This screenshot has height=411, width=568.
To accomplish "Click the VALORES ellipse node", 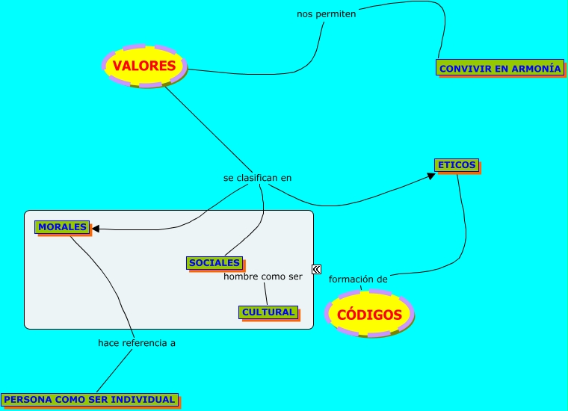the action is point(144,66).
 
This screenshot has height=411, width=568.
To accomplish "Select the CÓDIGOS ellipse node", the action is point(369,315).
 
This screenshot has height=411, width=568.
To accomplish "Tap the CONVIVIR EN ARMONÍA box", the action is point(499,68).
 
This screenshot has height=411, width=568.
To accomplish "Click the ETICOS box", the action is point(456,165).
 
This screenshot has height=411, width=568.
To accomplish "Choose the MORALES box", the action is point(62,226).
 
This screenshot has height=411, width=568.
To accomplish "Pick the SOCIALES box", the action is point(214,263).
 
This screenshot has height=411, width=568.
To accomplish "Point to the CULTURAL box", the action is point(268,312).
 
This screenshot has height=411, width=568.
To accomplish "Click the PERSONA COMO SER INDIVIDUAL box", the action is point(90,400).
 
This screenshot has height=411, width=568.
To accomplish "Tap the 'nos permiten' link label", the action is point(327,13).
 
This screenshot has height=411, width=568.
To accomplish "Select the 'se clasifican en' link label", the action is point(257,178).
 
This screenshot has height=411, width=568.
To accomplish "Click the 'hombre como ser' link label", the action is point(263,276).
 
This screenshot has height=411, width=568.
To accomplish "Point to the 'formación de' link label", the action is point(358,279).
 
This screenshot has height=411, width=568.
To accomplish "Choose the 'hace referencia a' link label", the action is point(137,343).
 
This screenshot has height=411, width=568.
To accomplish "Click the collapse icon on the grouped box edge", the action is point(317,270).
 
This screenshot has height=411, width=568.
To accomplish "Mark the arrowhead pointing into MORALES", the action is point(95,229).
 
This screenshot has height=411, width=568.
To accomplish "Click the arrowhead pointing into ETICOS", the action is point(430,176).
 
